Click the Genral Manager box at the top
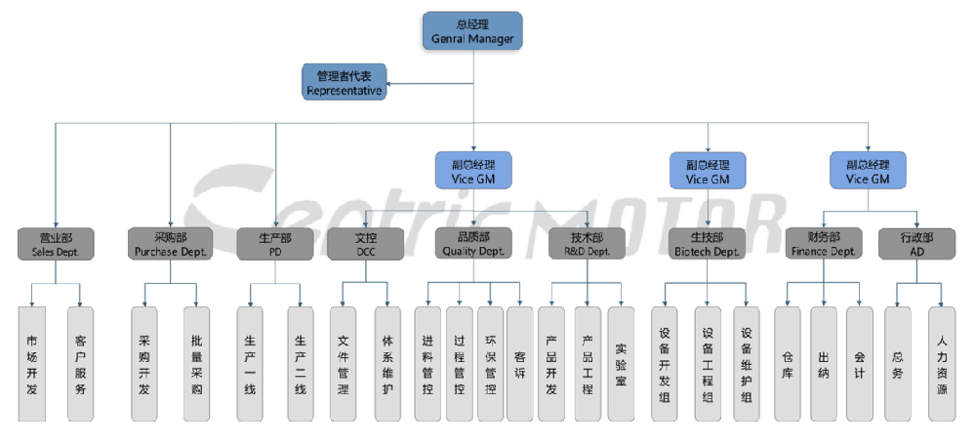(472, 31)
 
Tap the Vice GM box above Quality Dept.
(472, 171)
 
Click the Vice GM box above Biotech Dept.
(707, 171)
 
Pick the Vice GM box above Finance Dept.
(868, 171)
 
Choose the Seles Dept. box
(55, 244)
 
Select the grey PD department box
(276, 244)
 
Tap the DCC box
(365, 244)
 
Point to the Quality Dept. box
(472, 244)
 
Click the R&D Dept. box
(586, 244)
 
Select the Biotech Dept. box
(707, 244)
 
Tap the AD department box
(917, 244)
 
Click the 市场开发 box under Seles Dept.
(32, 363)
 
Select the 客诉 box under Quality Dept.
(520, 363)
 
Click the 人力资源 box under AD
(942, 363)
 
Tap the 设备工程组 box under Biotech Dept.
(708, 363)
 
